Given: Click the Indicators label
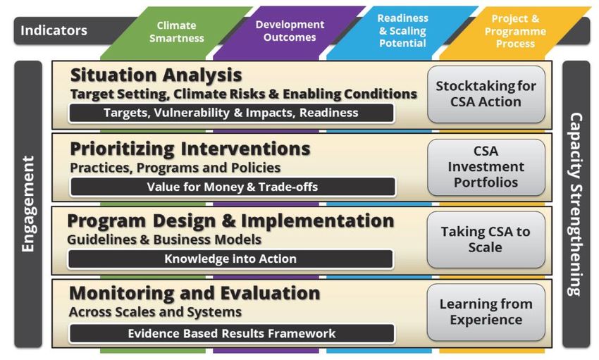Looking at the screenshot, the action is tap(54, 30).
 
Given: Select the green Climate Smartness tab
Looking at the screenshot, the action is tap(176, 32).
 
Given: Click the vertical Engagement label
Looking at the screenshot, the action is tap(28, 204).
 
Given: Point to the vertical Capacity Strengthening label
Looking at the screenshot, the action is tap(576, 204).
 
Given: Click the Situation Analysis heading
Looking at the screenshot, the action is tap(156, 75).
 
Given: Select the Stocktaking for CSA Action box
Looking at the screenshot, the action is tap(486, 94).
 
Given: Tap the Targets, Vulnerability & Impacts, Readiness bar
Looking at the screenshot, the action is tap(231, 113).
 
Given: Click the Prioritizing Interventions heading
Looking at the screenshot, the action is tap(190, 149).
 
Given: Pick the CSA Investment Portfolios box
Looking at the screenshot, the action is tap(486, 167).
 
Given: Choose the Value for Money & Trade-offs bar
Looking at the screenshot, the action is tap(233, 187).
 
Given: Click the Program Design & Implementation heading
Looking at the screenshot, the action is tap(230, 221).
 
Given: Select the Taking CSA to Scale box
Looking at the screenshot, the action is tap(486, 240).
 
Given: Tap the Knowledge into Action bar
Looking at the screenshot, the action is tap(230, 259).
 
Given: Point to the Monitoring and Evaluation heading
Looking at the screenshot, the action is tap(194, 293).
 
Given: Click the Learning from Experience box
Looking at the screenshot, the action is tap(486, 312).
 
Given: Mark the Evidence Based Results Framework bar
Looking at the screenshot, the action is tap(232, 334).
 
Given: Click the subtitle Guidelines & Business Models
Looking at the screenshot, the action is tap(164, 240).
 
